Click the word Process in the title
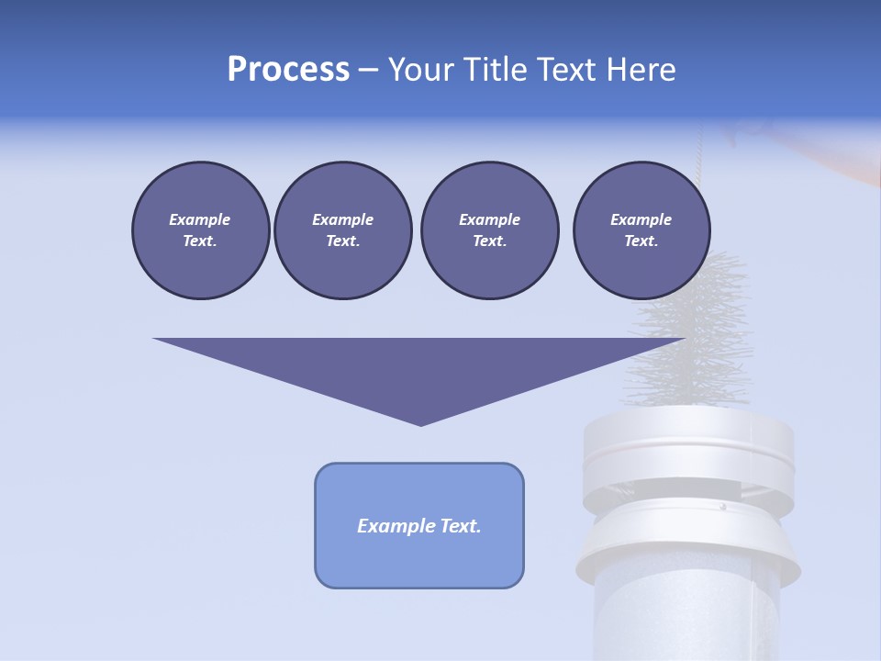coord(288,70)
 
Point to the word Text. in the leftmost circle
coord(200,241)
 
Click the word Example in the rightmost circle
coord(641,219)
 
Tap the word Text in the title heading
coord(565,70)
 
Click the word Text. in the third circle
coord(489,241)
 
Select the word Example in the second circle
coord(342,219)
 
